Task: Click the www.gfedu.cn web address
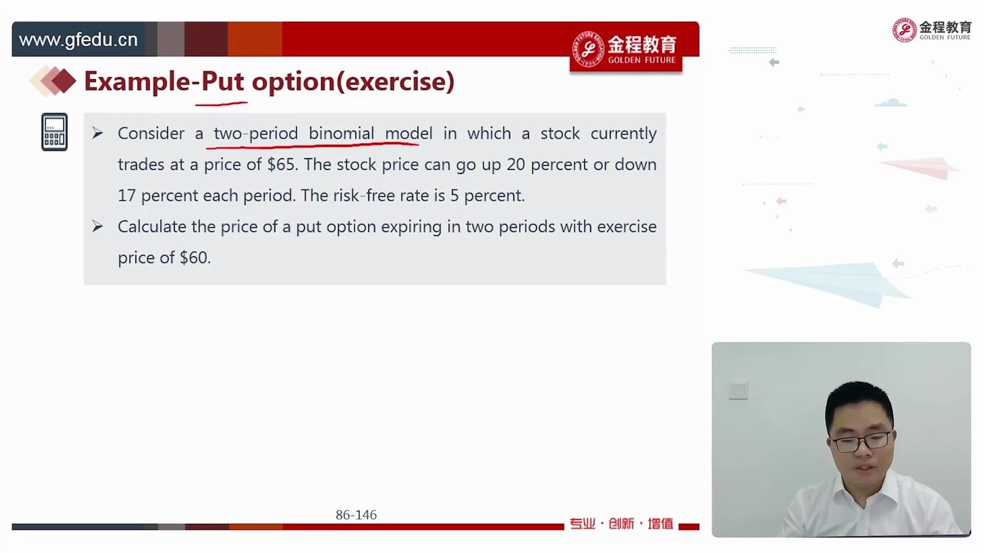(78, 39)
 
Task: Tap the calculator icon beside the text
(54, 132)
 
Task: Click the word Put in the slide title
(222, 81)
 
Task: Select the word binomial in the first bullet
(341, 133)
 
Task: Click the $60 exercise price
(193, 258)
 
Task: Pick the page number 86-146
(356, 515)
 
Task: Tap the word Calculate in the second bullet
(152, 226)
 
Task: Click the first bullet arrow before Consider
(97, 133)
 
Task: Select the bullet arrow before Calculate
(97, 226)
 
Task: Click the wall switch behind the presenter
(738, 390)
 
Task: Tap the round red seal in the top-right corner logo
(905, 30)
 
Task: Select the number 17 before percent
(127, 195)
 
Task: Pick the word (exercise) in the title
(395, 82)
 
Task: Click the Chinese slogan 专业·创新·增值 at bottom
(621, 524)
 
